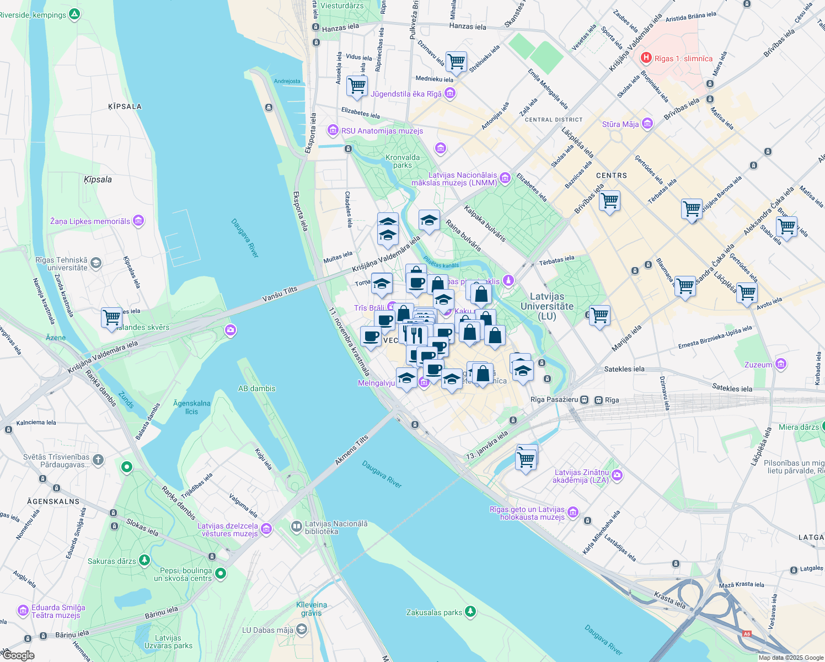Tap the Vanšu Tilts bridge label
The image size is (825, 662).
point(280,294)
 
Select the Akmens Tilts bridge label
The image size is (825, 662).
point(351,451)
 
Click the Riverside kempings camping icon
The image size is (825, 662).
point(75,15)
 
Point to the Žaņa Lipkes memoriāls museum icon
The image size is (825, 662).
point(138,221)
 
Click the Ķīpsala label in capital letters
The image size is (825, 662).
point(125,106)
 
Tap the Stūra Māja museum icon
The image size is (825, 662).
point(647,124)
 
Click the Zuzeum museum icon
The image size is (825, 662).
point(780,364)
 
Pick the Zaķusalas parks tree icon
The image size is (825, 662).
point(470,611)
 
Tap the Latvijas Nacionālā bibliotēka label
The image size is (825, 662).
point(336,527)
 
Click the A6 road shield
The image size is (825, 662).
point(747,633)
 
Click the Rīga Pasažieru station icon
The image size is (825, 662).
point(585,400)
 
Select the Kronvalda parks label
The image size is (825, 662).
point(403,161)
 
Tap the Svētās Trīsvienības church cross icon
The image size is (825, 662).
point(98,460)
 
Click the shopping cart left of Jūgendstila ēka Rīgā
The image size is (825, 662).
point(357,86)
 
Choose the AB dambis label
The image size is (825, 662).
point(256,388)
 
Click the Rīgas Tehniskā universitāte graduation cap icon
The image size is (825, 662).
point(96,263)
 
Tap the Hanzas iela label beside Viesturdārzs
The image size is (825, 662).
point(340,28)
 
